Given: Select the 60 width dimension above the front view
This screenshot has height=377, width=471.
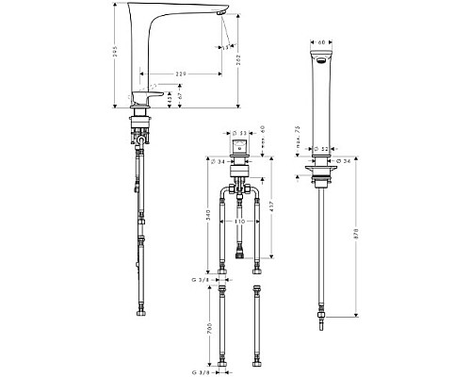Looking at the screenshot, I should coord(322,42).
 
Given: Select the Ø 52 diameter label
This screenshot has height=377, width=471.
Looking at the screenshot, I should coord(321,148).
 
